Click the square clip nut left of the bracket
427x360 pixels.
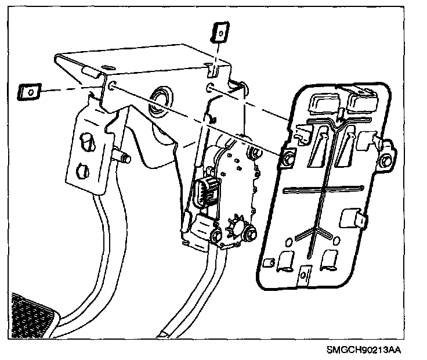[x=27, y=91]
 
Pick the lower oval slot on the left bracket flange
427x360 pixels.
[x=82, y=171]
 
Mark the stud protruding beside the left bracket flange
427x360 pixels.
[x=123, y=157]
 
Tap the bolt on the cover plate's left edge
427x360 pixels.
[x=287, y=157]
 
